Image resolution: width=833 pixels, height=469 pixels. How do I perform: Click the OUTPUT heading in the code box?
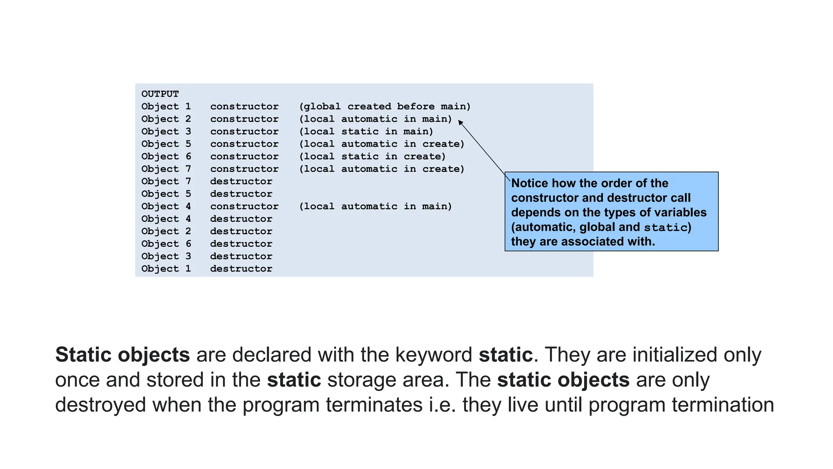pos(160,94)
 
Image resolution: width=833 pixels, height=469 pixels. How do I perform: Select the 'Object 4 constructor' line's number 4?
pos(188,206)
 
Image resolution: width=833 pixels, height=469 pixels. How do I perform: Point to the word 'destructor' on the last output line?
pos(241,269)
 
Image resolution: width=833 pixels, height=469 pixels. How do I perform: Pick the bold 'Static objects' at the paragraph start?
pos(122,355)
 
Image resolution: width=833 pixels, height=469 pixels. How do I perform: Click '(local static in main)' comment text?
pos(366,131)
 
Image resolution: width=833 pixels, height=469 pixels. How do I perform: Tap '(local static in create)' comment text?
pos(372,156)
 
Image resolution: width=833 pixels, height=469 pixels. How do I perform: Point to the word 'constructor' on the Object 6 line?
pos(244,156)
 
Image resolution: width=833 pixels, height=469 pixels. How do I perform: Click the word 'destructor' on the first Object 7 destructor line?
pos(241,182)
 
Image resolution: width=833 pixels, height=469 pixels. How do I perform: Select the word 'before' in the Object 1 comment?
pos(416,107)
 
